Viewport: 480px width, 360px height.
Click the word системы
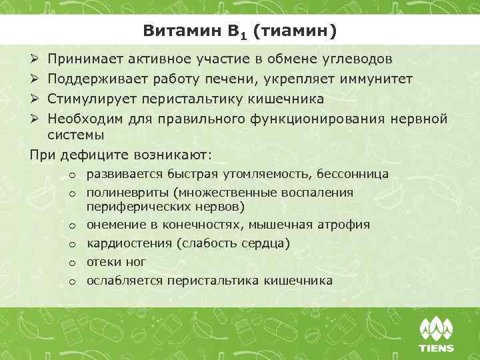75,135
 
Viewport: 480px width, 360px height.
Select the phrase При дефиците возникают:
121,155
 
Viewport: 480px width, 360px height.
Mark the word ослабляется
125,281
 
